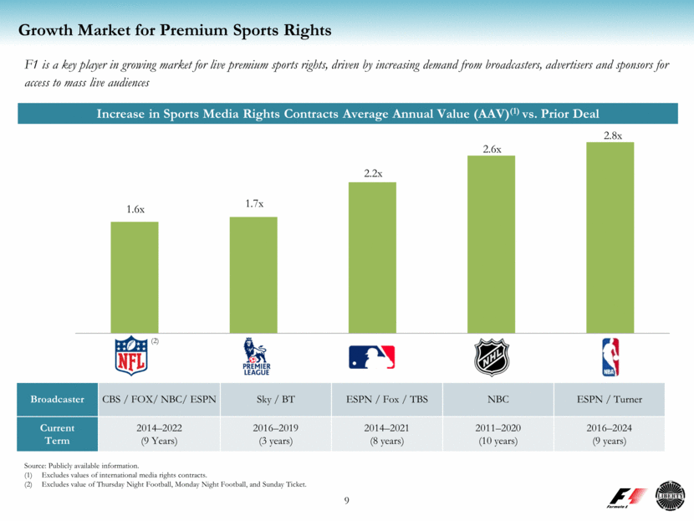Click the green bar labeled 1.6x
point(135,276)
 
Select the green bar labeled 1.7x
point(253,273)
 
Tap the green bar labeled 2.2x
point(372,256)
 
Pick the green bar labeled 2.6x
point(491,243)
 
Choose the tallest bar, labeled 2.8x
point(610,236)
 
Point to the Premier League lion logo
point(253,356)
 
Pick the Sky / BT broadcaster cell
point(276,399)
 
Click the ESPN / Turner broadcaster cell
point(610,399)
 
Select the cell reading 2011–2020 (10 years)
point(498,434)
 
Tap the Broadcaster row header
point(58,399)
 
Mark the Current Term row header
point(58,434)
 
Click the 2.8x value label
point(613,134)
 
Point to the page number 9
point(347,501)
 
